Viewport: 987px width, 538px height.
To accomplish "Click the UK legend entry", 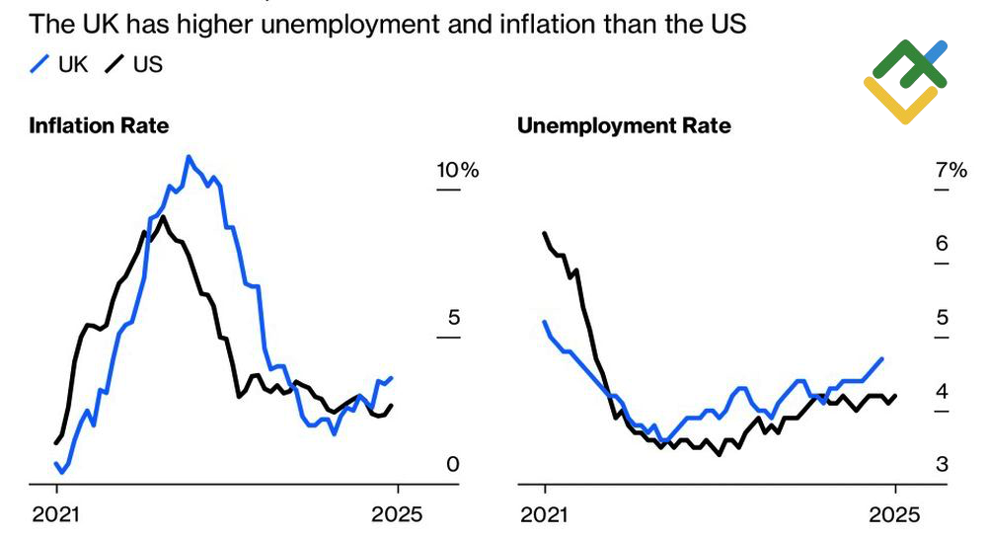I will tap(60, 65).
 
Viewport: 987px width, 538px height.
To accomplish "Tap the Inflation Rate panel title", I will tap(99, 125).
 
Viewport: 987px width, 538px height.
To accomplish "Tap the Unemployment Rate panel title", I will tap(624, 125).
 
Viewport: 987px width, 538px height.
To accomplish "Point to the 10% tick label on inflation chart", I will tap(458, 170).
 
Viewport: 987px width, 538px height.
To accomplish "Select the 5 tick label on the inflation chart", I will tap(453, 318).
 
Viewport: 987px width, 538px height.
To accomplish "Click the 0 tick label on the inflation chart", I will tap(453, 464).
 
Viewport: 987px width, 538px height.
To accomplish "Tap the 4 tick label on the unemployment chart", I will tap(942, 392).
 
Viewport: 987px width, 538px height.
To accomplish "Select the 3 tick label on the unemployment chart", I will tap(942, 464).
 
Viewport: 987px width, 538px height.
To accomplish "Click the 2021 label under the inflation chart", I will tap(57, 514).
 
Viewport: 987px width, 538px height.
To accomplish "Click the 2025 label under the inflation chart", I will tap(396, 514).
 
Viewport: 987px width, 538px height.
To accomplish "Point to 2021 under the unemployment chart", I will tap(543, 514).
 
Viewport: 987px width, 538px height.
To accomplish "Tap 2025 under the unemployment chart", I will tap(894, 514).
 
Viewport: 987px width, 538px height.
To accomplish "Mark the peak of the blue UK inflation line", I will tap(188, 156).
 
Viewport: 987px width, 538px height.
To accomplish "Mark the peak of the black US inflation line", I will tap(163, 216).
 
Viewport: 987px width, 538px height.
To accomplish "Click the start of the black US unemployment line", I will tap(545, 233).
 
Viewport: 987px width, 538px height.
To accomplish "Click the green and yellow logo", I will tap(905, 81).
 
